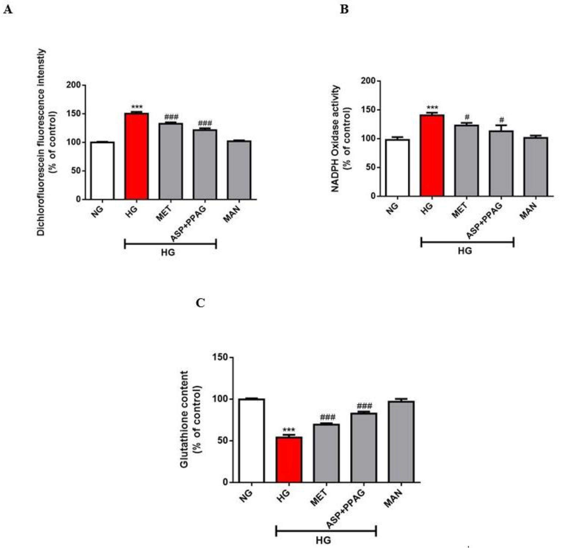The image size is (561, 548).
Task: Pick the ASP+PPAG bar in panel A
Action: point(205,164)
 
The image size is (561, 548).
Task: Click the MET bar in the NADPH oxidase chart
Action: point(466,160)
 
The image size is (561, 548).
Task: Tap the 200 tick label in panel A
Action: point(74,85)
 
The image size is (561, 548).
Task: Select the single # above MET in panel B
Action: point(467,117)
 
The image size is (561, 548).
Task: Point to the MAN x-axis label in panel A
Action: point(232,214)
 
